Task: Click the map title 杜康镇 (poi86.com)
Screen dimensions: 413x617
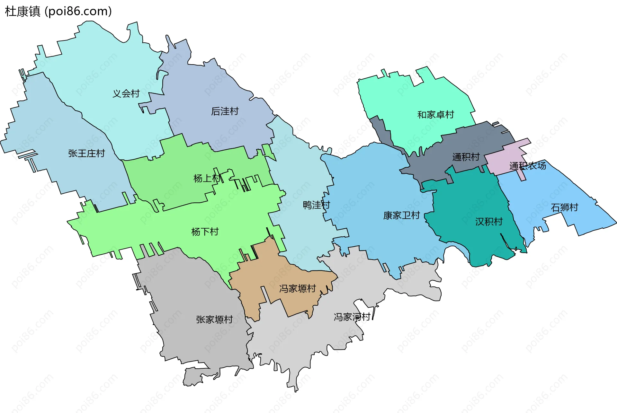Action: [x=58, y=11]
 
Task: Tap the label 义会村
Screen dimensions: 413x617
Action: [x=126, y=93]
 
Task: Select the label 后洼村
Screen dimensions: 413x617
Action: [x=225, y=111]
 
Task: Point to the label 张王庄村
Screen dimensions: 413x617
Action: [x=86, y=153]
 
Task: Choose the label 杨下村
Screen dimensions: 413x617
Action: [x=205, y=232]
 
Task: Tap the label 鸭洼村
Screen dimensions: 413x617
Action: [x=316, y=205]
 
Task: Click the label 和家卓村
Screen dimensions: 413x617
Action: [x=435, y=115]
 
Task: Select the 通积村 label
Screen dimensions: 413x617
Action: [x=466, y=157]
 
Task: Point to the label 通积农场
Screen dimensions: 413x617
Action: [x=527, y=166]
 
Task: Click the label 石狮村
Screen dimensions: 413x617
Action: [x=564, y=207]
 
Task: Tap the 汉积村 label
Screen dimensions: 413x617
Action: [x=489, y=221]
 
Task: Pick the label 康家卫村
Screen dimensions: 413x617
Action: [x=401, y=215]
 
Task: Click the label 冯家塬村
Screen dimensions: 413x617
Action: [x=297, y=288]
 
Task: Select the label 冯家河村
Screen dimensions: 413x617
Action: [x=352, y=317]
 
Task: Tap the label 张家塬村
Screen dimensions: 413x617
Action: [x=214, y=319]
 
